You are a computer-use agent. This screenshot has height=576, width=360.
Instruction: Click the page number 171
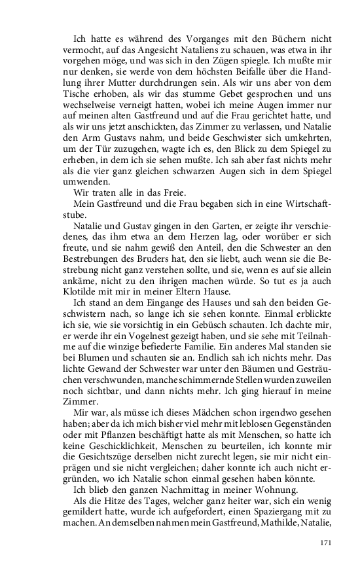(x=327, y=542)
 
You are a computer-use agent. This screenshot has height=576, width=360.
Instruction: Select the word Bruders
(x=153, y=257)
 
